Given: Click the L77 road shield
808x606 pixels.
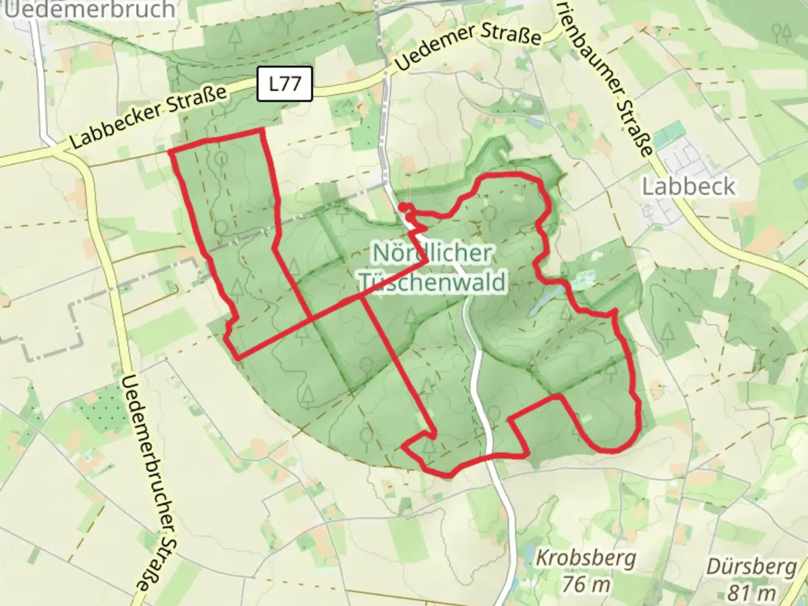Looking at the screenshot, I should pos(284,84).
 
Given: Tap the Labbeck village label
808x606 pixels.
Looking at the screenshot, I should pos(688,186).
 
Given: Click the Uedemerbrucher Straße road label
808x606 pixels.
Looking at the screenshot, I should pos(149,483).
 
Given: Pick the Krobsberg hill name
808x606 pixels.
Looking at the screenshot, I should pos(586,558).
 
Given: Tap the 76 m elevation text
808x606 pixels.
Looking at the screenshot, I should pos(586,584).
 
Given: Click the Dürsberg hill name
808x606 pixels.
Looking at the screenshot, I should pos(752,567).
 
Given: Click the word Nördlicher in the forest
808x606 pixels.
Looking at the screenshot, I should pos(433,253).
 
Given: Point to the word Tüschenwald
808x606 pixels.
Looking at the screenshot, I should pos(433,281).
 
